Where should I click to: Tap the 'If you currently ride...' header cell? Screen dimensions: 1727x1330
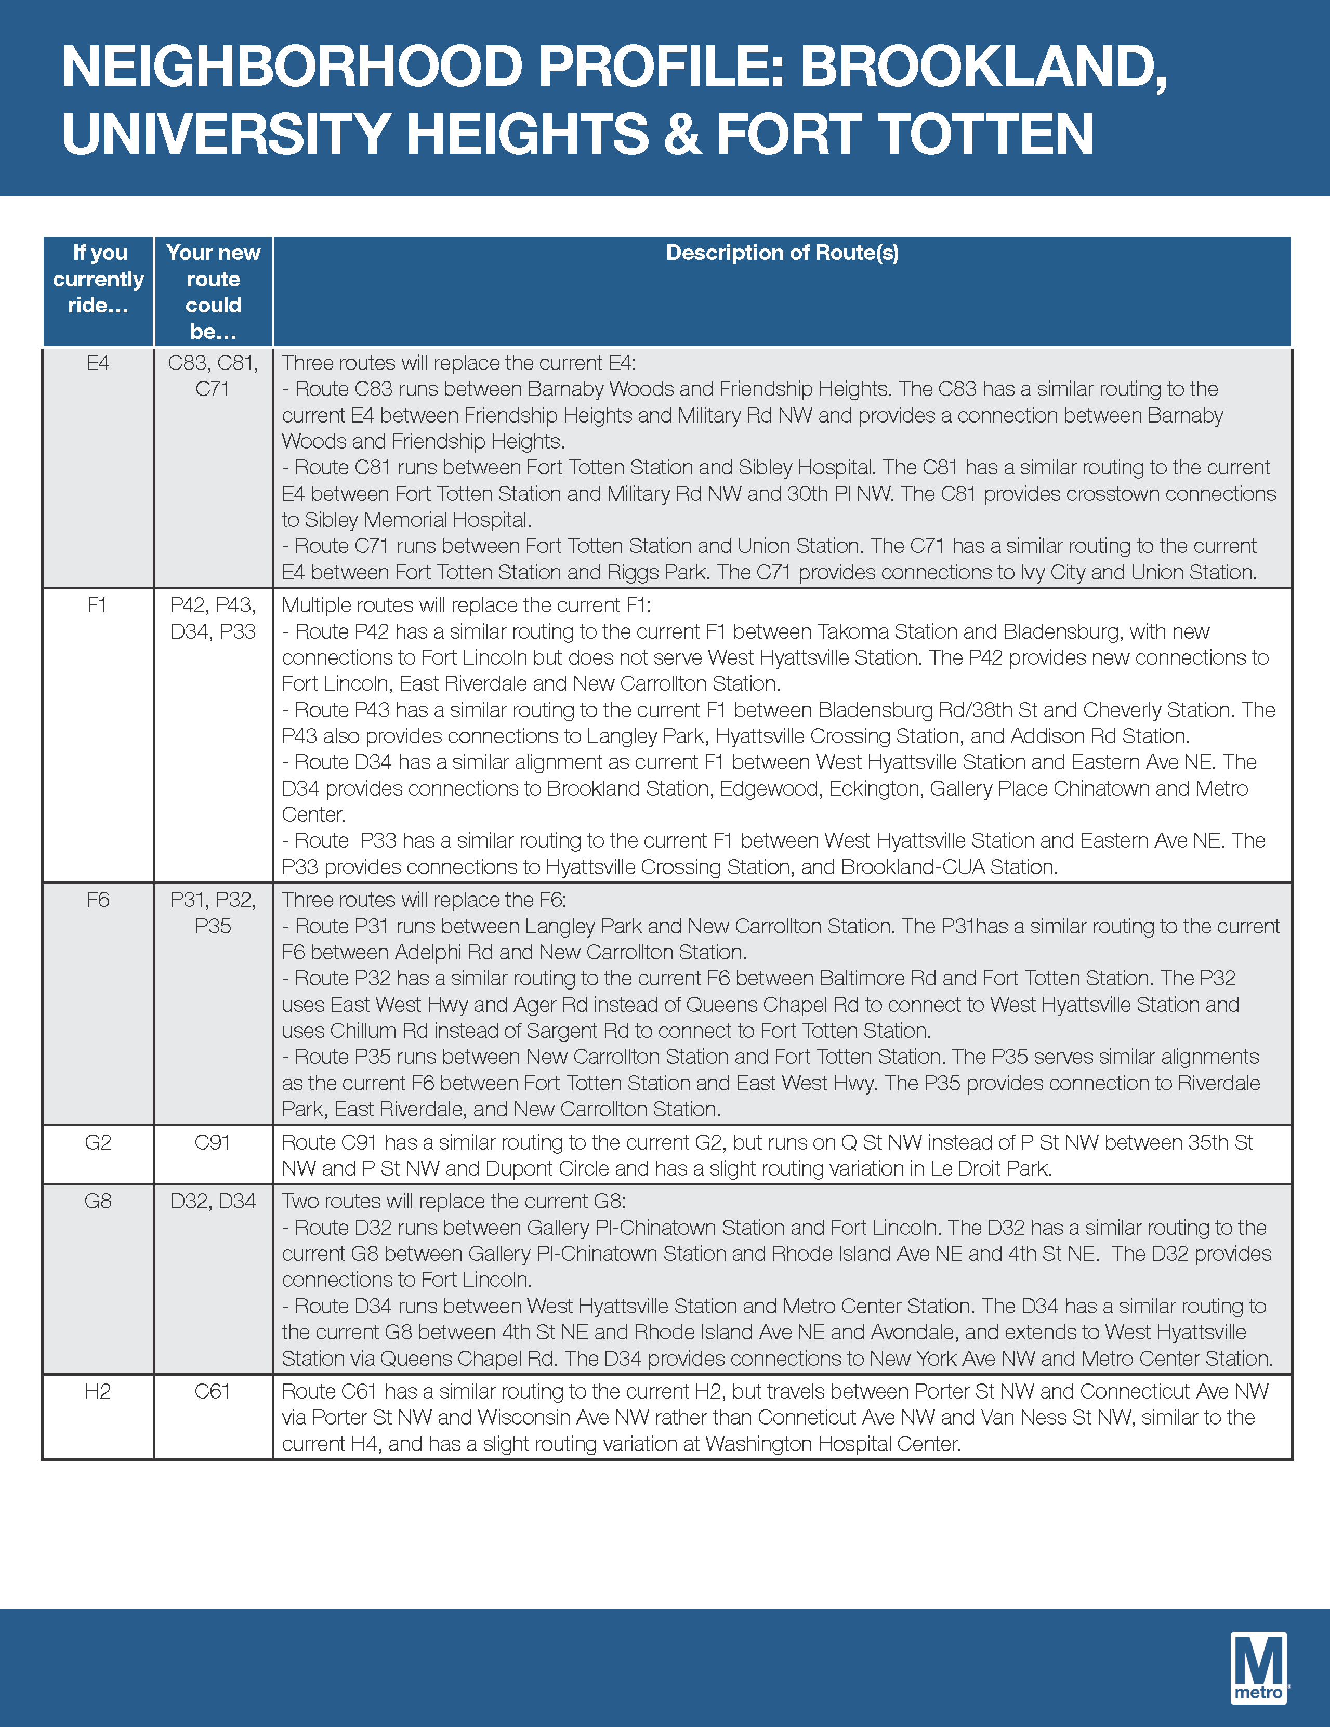click(x=98, y=279)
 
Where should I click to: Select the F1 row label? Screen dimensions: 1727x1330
click(x=97, y=605)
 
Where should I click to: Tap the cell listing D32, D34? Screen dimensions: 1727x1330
click(x=213, y=1201)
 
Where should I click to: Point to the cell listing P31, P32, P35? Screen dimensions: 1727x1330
click(x=213, y=913)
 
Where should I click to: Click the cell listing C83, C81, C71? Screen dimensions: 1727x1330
click(x=213, y=376)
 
